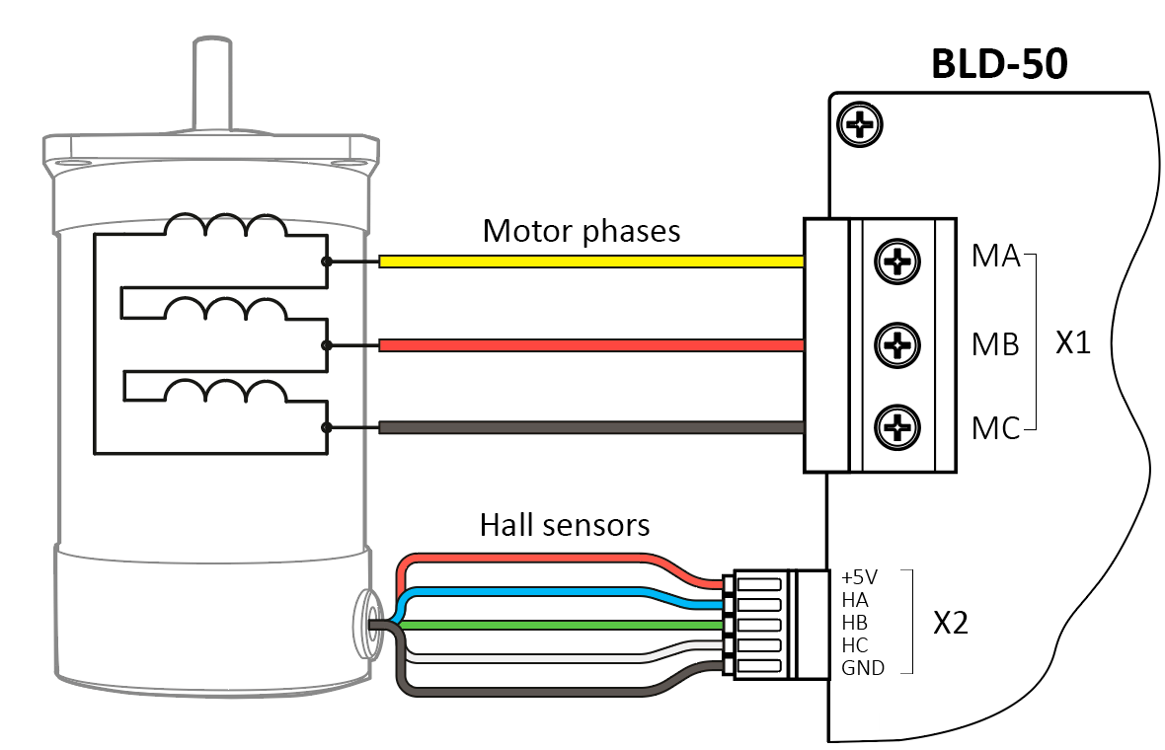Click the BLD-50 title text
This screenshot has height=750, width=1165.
coord(999,65)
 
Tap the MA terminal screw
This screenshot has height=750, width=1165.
coord(897,262)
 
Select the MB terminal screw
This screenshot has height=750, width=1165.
coord(897,345)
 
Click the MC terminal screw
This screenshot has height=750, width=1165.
coord(897,427)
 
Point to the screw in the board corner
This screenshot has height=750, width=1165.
coord(859,124)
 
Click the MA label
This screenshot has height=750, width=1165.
coord(995,257)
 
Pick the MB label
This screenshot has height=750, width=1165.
coord(995,344)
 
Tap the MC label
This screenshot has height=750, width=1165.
coord(995,430)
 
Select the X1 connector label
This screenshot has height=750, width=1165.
coord(1073,343)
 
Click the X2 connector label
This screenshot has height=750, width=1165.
coord(951,623)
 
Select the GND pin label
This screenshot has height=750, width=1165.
coord(863,668)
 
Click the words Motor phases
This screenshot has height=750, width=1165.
coord(582,231)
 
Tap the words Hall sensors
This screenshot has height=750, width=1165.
coord(565,524)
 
